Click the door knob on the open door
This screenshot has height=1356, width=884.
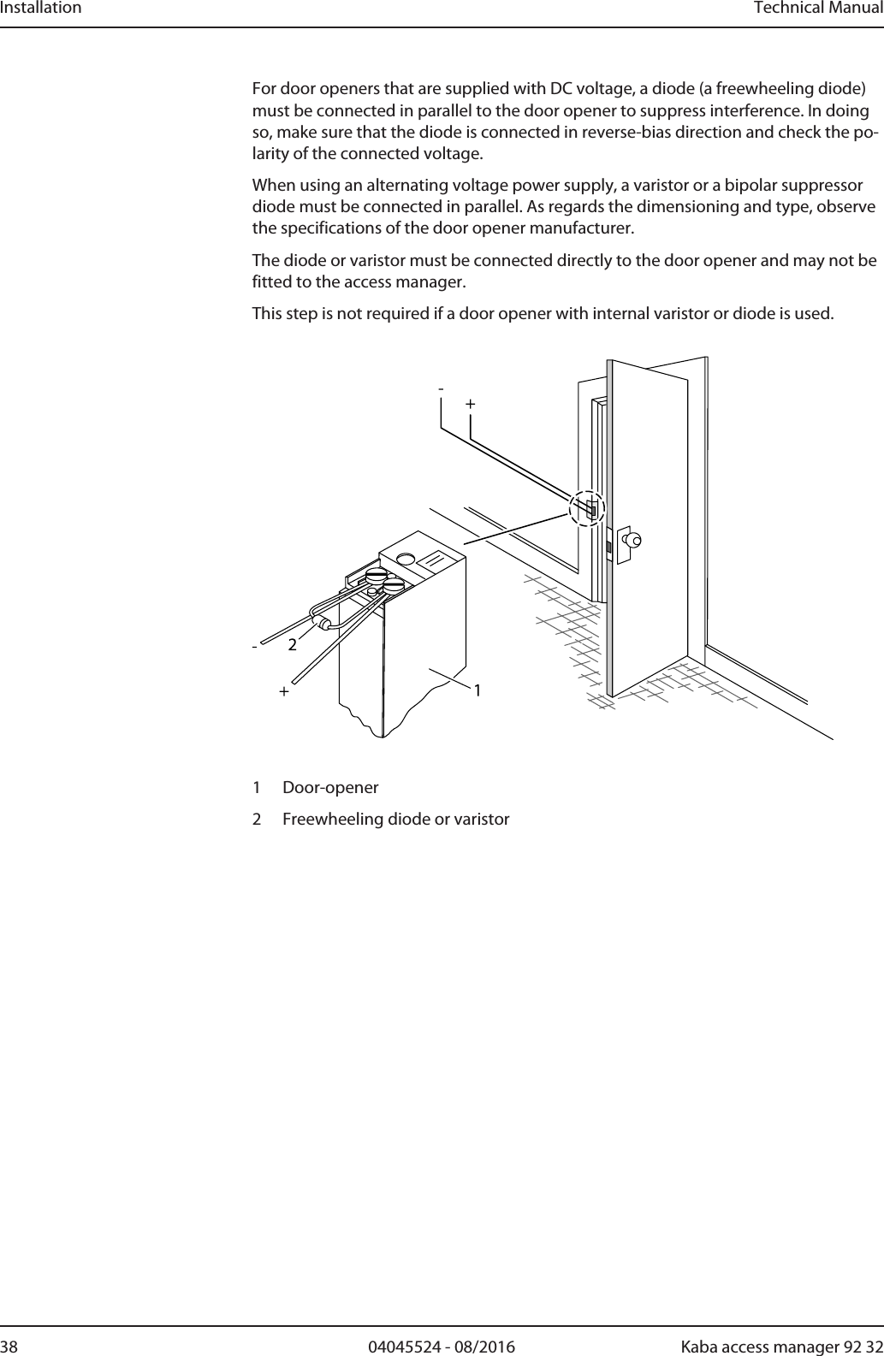click(632, 540)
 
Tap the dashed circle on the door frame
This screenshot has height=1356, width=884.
click(587, 508)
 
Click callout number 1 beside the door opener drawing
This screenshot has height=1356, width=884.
click(477, 690)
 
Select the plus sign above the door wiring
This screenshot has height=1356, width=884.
click(470, 402)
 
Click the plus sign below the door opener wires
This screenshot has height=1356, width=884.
click(282, 691)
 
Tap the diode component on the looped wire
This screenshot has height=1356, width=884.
click(323, 623)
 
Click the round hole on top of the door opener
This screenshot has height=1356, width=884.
click(406, 559)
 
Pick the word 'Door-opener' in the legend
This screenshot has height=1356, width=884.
click(330, 787)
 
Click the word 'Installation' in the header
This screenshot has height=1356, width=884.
click(41, 9)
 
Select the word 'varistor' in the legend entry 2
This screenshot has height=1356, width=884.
click(480, 820)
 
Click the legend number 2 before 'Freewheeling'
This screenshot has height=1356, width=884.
click(258, 820)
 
